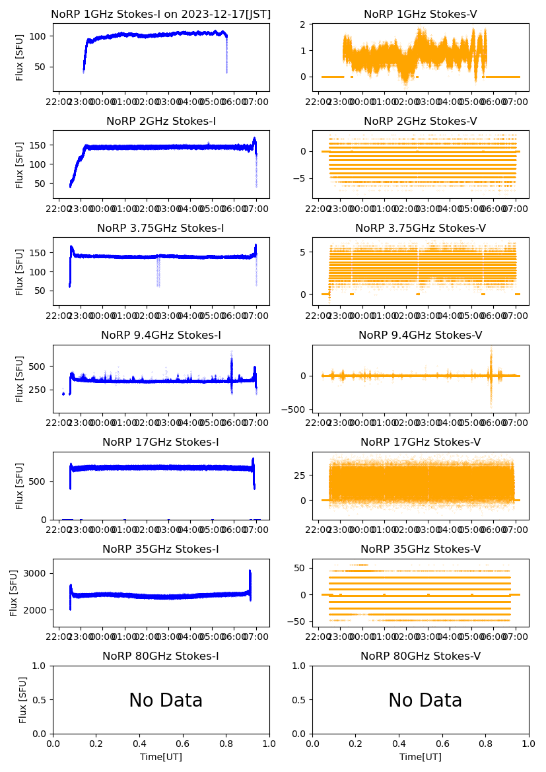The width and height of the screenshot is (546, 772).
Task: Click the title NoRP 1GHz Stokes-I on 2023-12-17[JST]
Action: coord(160,15)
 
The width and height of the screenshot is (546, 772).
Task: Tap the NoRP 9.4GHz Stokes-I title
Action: coord(160,335)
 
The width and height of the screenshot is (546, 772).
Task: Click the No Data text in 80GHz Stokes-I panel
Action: coord(166,701)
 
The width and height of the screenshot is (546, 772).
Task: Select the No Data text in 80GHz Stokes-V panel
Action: coord(425,701)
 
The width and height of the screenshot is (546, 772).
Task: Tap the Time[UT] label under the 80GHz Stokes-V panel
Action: coord(421,757)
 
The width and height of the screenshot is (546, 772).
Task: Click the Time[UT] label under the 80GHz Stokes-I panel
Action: coord(161,757)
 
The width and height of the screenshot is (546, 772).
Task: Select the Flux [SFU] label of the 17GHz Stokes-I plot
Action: coord(20,485)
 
